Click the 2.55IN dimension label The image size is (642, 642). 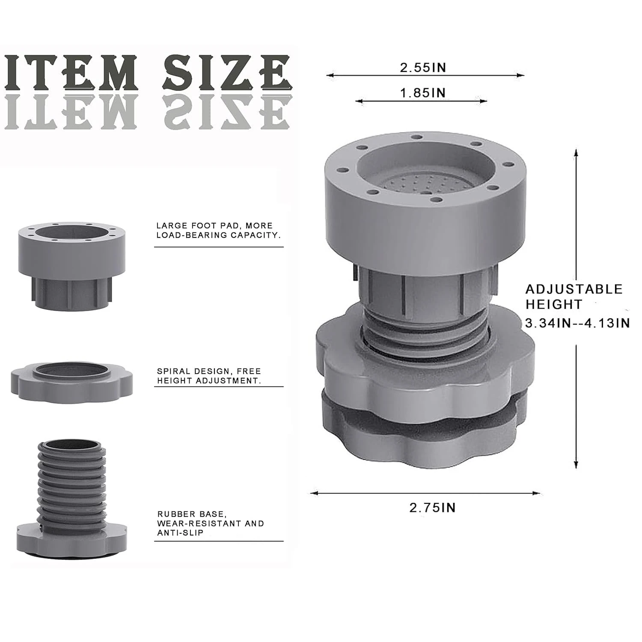tap(423, 68)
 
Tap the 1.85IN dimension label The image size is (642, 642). tap(423, 93)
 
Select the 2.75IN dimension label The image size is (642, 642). tap(432, 508)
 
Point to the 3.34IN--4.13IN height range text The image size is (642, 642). tap(578, 323)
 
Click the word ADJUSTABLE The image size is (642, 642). tap(574, 289)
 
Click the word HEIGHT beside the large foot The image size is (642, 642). tap(554, 305)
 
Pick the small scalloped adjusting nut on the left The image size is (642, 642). tap(72, 382)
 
